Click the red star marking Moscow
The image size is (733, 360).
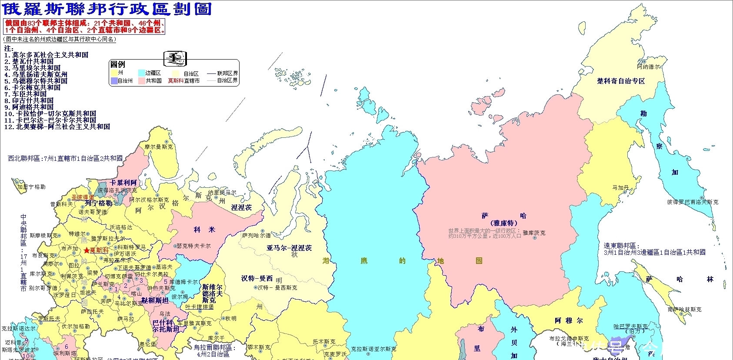pyautogui.click(x=87, y=250)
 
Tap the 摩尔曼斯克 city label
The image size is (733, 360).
pyautogui.click(x=159, y=147)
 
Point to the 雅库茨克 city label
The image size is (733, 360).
pyautogui.click(x=534, y=233)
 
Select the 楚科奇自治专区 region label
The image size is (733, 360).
pyautogui.click(x=621, y=81)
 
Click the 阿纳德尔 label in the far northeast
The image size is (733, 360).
pyautogui.click(x=648, y=67)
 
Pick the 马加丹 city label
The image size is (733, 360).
pyautogui.click(x=620, y=188)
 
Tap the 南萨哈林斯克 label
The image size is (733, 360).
pyautogui.click(x=684, y=310)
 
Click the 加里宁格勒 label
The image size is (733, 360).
pyautogui.click(x=31, y=187)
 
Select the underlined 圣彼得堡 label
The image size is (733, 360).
pyautogui.click(x=83, y=197)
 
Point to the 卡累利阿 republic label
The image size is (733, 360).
pyautogui.click(x=123, y=183)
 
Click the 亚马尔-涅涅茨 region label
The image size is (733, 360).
pyautogui.click(x=289, y=248)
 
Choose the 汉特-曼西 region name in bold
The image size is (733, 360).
pyautogui.click(x=257, y=278)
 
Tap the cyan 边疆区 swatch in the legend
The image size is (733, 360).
pyautogui.click(x=141, y=73)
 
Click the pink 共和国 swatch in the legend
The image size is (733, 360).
pyautogui.click(x=141, y=81)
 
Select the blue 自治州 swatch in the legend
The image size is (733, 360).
pyautogui.click(x=114, y=81)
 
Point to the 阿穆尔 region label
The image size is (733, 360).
pyautogui.click(x=569, y=320)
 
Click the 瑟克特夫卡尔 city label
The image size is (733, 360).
pyautogui.click(x=193, y=246)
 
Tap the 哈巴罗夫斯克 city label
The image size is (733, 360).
pyautogui.click(x=630, y=326)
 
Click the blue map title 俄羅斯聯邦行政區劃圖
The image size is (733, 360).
pyautogui.click(x=107, y=9)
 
